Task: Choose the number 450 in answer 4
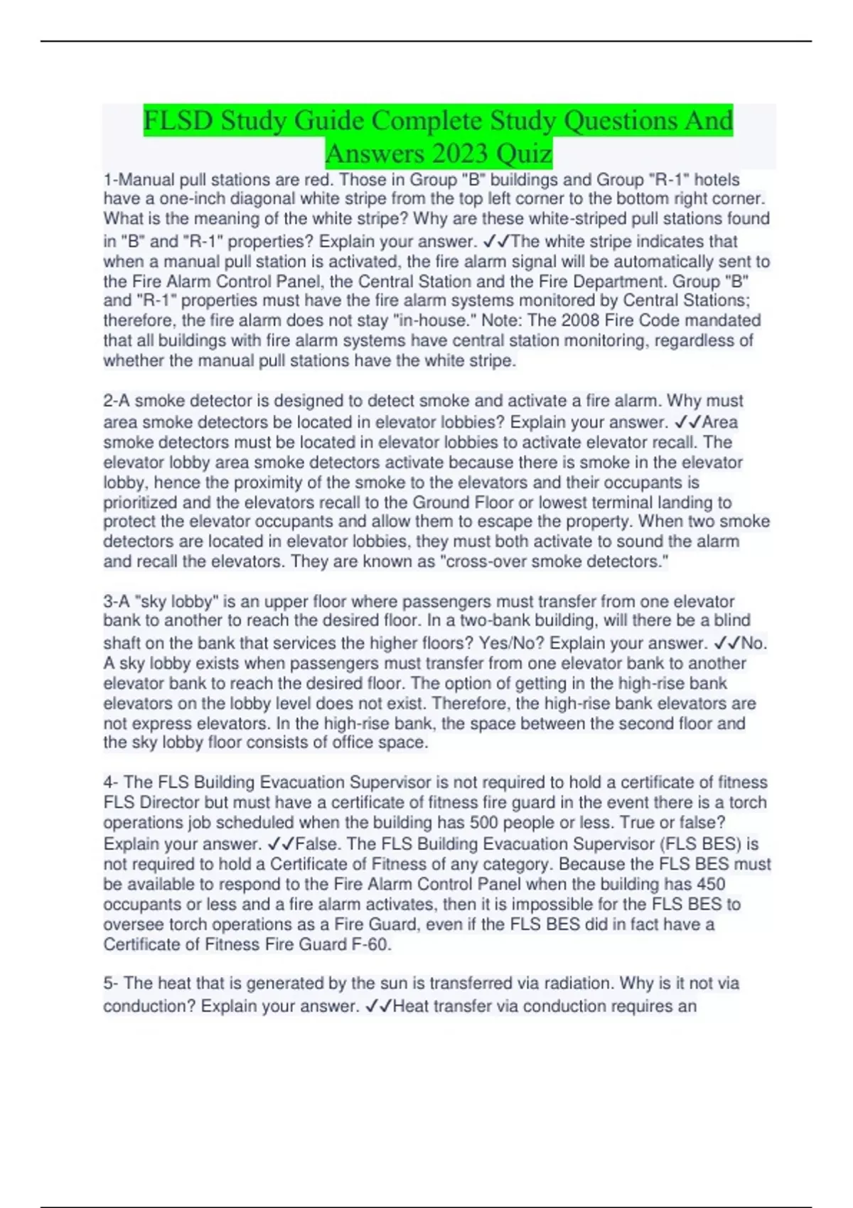(710, 884)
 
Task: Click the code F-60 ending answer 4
(370, 944)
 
